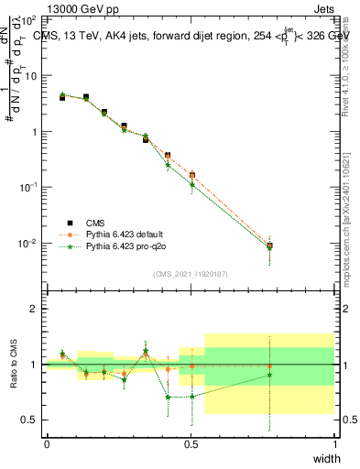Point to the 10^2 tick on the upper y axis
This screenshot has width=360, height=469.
coord(27,19)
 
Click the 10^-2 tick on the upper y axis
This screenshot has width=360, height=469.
coord(27,243)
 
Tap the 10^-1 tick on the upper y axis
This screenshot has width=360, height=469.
coord(27,187)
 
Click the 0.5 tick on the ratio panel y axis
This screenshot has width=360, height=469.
coord(29,420)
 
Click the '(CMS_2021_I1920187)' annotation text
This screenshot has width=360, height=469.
coord(191,274)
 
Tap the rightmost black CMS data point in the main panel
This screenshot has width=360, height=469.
coord(269,246)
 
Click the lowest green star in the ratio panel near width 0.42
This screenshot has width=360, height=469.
coord(168,398)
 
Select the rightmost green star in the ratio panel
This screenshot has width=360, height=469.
coord(269,375)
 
